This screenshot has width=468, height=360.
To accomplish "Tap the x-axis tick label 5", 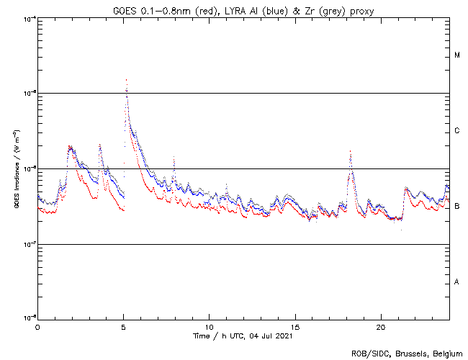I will point(123,327).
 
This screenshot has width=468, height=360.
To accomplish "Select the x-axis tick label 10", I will point(209,327).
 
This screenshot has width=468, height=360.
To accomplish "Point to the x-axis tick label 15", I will point(295,327).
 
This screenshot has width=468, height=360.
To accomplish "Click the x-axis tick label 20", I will point(381,327).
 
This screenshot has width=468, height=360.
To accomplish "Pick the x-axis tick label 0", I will point(37,327).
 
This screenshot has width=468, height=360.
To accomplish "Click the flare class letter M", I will point(457,55).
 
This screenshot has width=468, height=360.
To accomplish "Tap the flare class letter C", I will point(457,131).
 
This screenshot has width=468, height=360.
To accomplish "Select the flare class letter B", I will point(457,207).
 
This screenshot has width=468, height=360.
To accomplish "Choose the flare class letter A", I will point(457,282).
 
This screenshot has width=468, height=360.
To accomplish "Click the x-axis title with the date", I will point(243,336).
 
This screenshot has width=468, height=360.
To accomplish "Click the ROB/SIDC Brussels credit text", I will point(407,353).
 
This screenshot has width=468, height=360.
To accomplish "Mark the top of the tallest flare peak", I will point(126,80).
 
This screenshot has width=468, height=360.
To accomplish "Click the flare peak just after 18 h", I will point(350,151).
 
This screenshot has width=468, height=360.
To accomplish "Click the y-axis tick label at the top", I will point(27,19).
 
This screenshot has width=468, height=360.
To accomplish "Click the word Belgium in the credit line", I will point(446,353).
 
